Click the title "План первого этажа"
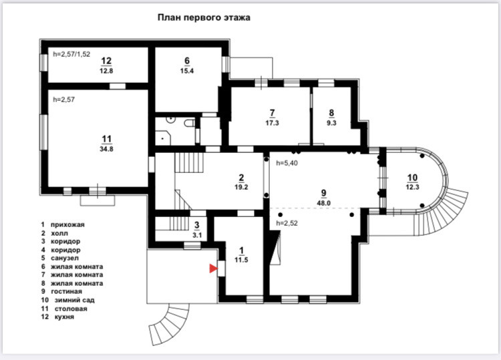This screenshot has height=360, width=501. [x=204, y=18]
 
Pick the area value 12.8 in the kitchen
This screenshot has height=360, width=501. [x=106, y=69]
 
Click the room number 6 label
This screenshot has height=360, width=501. [x=187, y=60]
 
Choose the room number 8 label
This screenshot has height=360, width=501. [x=331, y=112]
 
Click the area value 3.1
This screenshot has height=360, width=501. [x=196, y=234]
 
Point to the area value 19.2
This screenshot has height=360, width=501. [x=241, y=188]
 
